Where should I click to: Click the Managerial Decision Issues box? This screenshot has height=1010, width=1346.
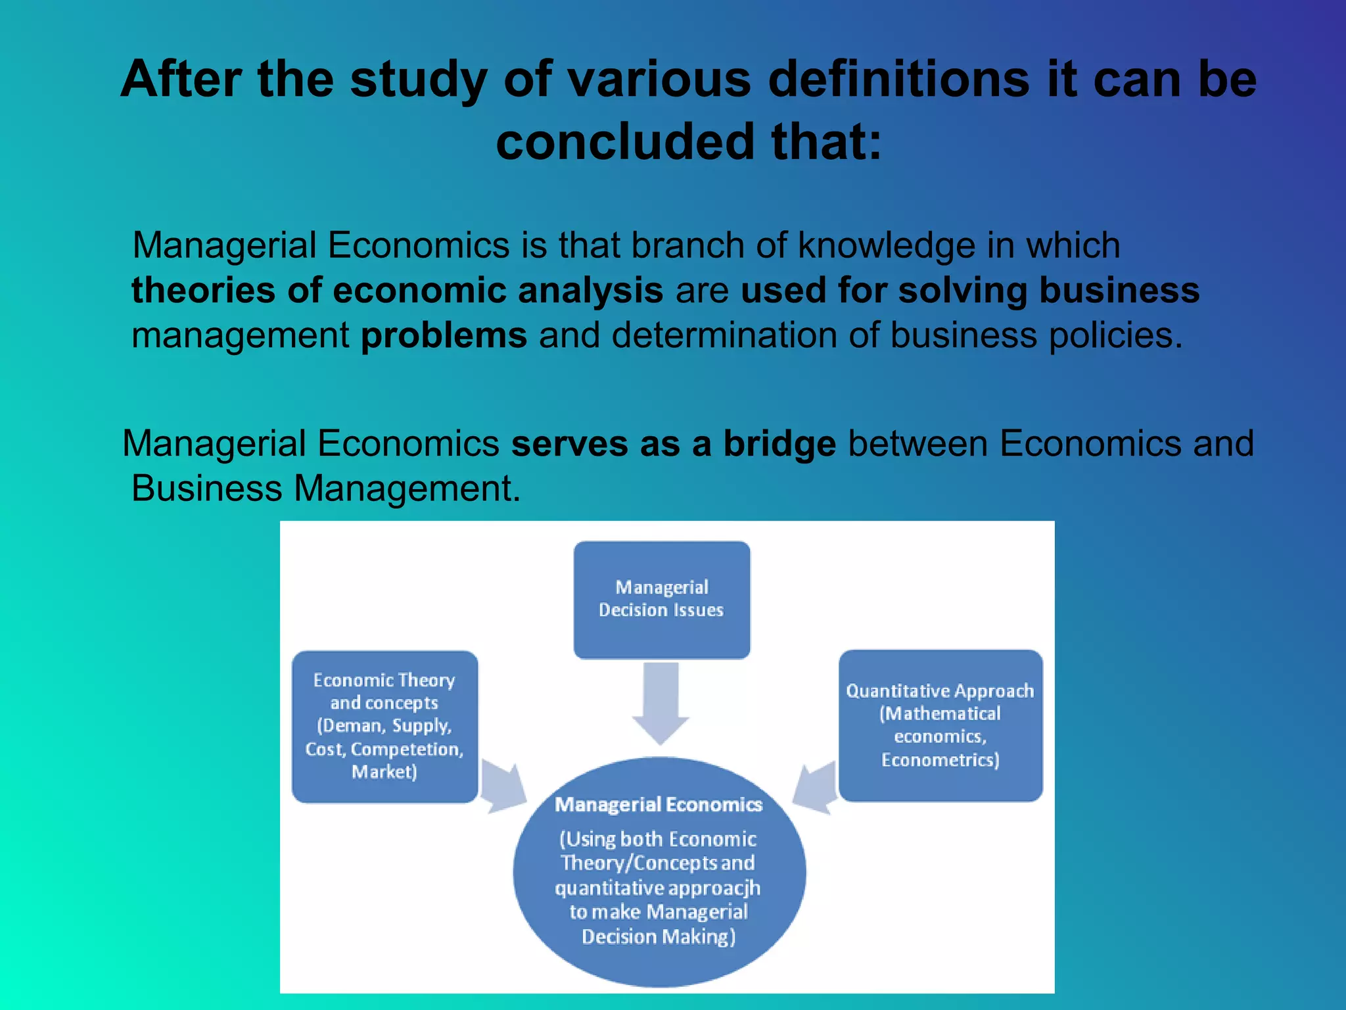pos(661,599)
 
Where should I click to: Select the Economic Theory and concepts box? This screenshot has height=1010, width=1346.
pos(384,726)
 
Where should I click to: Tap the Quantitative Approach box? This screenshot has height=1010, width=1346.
pos(940,725)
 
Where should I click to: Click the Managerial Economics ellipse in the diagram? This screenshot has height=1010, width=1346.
pos(659,871)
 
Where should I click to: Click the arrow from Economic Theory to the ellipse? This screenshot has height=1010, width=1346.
pos(503,788)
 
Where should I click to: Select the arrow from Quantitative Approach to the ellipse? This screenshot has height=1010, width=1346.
pos(815,788)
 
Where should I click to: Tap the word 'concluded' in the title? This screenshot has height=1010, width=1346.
pos(625,141)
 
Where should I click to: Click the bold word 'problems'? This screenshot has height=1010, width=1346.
pos(444,335)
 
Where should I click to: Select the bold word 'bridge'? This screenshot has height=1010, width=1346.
pos(779,443)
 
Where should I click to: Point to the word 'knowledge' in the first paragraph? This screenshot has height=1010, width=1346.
pos(887,245)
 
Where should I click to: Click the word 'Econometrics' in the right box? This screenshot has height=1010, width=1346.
pos(940,760)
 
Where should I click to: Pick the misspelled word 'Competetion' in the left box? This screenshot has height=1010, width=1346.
pos(407,749)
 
